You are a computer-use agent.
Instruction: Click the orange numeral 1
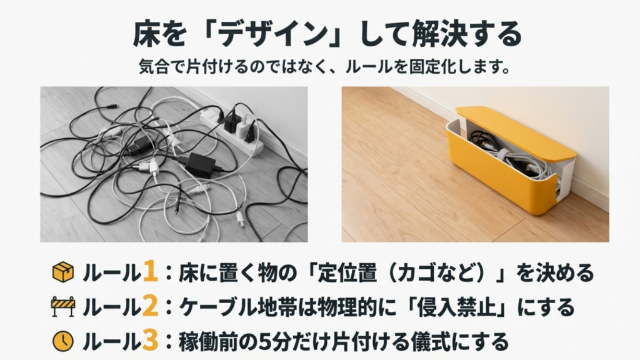pyautogui.click(x=149, y=272)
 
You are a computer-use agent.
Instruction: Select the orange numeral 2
pyautogui.click(x=149, y=306)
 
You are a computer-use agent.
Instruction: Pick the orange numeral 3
pyautogui.click(x=149, y=341)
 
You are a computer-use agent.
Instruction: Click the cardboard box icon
pyautogui.click(x=62, y=272)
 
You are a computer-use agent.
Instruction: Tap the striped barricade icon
pyautogui.click(x=62, y=307)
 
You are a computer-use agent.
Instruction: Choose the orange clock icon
pyautogui.click(x=62, y=341)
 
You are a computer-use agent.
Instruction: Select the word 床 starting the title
pyautogui.click(x=144, y=35)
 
